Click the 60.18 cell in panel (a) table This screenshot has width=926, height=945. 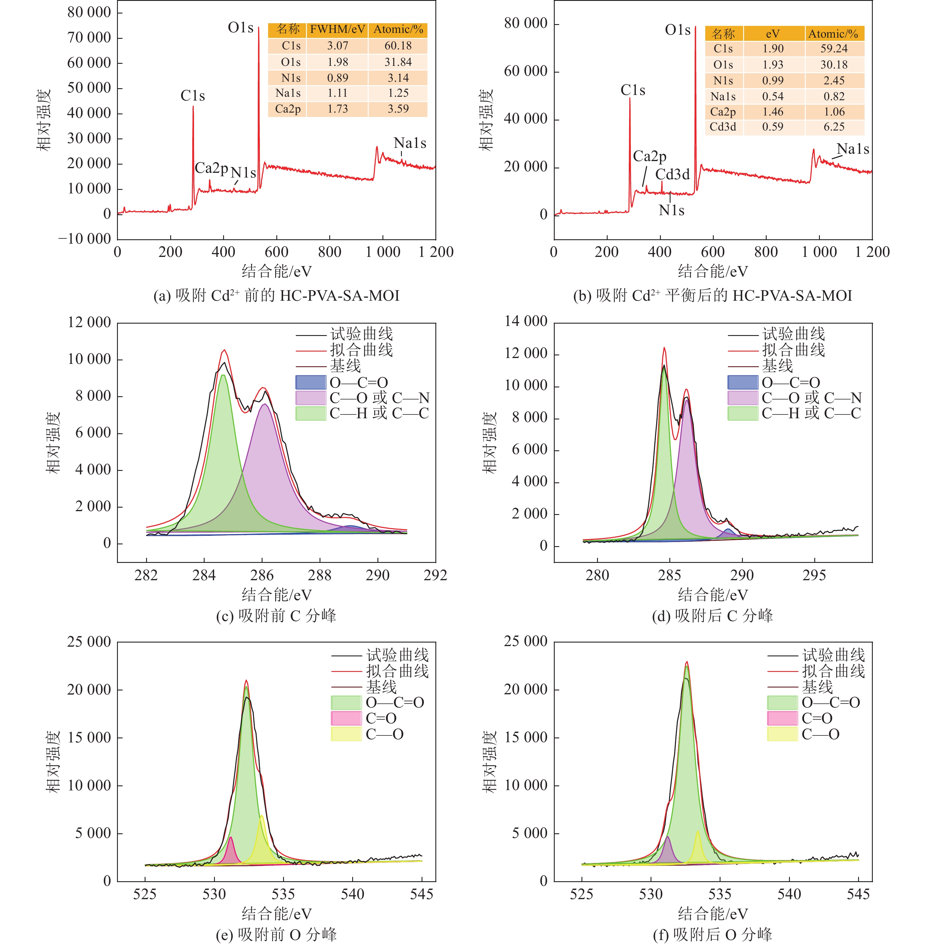(398, 46)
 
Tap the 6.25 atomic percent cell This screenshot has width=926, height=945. (834, 127)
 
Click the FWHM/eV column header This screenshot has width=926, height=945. (337, 30)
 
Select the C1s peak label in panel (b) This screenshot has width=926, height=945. (633, 91)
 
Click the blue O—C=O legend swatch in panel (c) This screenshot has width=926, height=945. (311, 382)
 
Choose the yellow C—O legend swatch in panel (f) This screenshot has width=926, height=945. (782, 734)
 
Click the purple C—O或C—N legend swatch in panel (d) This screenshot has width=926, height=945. (743, 398)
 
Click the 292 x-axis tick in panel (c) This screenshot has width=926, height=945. (435, 575)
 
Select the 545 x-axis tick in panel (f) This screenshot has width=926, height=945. (858, 894)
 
